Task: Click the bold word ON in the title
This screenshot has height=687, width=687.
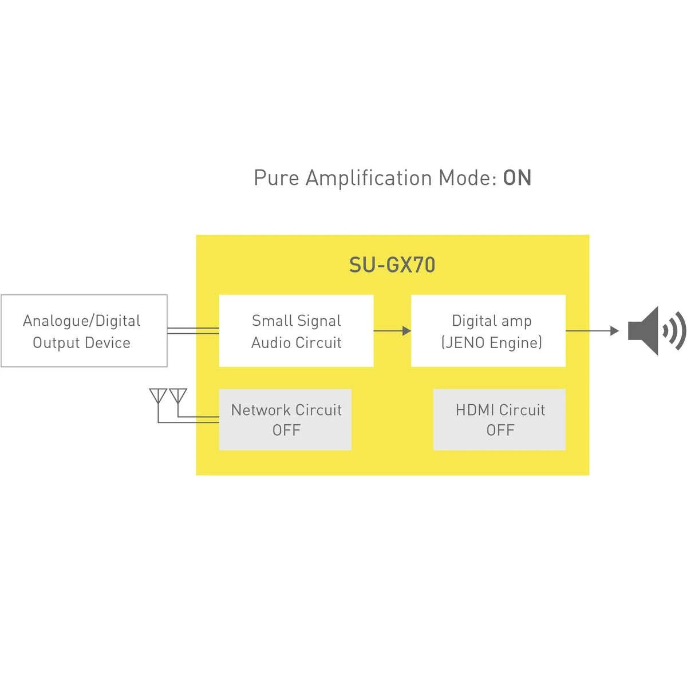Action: pyautogui.click(x=517, y=177)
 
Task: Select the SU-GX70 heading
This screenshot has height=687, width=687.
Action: pyautogui.click(x=392, y=265)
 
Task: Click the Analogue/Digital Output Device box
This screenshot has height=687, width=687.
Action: pyautogui.click(x=84, y=331)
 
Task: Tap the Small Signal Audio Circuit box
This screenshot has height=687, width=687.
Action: pyautogui.click(x=296, y=331)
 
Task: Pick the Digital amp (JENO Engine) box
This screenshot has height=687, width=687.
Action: pyautogui.click(x=488, y=331)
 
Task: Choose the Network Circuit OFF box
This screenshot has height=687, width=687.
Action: pyautogui.click(x=285, y=420)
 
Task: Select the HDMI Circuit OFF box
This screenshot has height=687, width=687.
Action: pyautogui.click(x=499, y=420)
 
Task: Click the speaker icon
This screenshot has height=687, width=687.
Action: pyautogui.click(x=657, y=331)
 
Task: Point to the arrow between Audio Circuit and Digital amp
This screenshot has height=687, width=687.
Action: pyautogui.click(x=392, y=331)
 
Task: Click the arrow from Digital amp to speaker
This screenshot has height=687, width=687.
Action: pyautogui.click(x=592, y=331)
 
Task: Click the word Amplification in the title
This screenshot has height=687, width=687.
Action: pyautogui.click(x=369, y=178)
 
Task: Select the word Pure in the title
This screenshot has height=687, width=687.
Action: pyautogui.click(x=277, y=178)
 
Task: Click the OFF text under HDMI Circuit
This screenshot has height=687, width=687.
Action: pyautogui.click(x=500, y=431)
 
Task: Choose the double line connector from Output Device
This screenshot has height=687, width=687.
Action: pyautogui.click(x=194, y=331)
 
